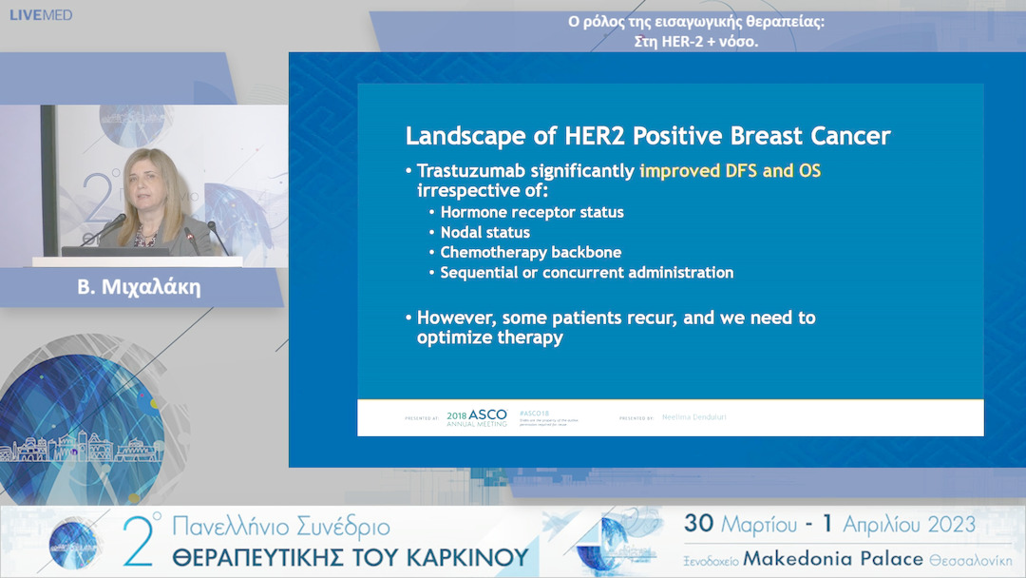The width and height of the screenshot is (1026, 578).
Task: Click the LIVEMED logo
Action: [x=41, y=15]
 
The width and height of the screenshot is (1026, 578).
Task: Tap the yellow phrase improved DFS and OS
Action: [x=730, y=172]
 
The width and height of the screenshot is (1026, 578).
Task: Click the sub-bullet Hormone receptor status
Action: [x=531, y=212]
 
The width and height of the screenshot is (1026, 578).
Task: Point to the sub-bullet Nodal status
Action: [x=484, y=232]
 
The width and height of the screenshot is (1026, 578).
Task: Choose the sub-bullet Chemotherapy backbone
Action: [x=530, y=252]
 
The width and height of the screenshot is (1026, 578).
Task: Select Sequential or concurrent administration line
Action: [x=586, y=273]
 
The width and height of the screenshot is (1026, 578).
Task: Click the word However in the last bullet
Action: [x=454, y=318]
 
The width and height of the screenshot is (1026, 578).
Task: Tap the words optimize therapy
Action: [x=489, y=337]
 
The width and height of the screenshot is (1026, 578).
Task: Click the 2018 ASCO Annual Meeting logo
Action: [x=478, y=417]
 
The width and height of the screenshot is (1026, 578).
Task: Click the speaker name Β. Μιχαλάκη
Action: [x=139, y=287]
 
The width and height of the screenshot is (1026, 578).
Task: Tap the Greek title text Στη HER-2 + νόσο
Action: [x=695, y=41]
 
